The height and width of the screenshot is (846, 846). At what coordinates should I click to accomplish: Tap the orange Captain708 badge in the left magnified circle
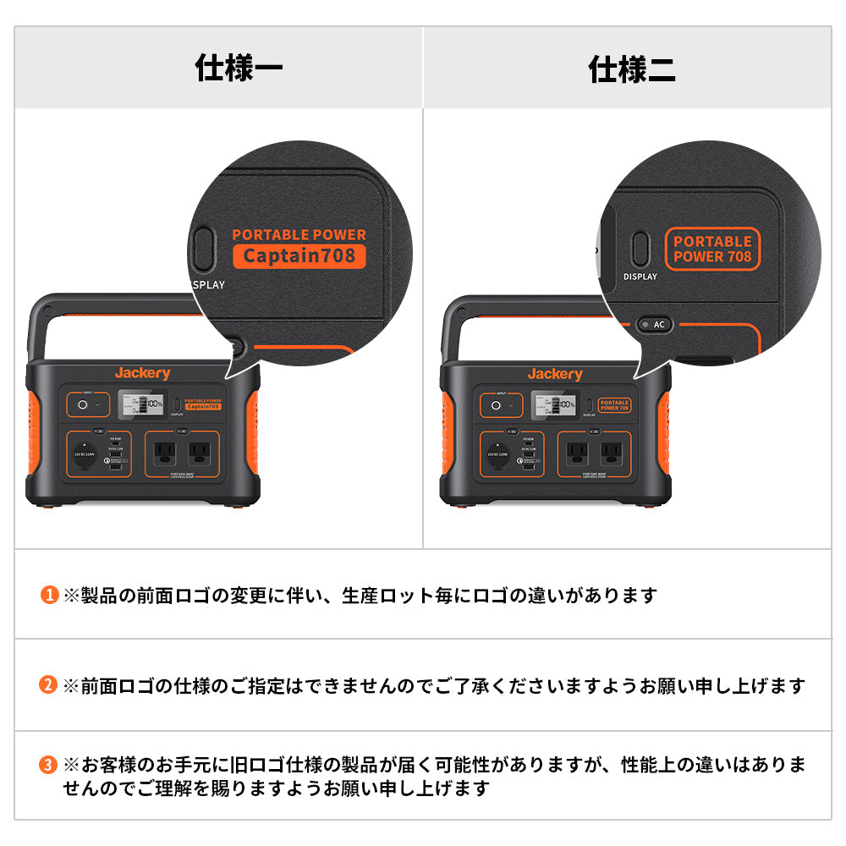click(x=299, y=255)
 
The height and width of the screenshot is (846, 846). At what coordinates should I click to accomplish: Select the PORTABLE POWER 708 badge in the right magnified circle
click(x=713, y=250)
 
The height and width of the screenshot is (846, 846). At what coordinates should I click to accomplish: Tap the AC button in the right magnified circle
click(x=652, y=324)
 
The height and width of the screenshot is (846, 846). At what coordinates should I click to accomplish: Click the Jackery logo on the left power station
click(x=142, y=373)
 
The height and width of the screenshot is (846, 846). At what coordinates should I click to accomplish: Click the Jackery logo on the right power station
click(x=555, y=374)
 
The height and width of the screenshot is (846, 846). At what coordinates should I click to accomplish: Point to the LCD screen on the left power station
click(x=140, y=404)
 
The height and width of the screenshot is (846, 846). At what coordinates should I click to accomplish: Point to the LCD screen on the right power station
click(x=553, y=404)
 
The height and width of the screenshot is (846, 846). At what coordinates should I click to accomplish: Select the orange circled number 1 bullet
click(x=49, y=596)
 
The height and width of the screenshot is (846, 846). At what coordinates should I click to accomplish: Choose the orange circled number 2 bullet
click(x=49, y=685)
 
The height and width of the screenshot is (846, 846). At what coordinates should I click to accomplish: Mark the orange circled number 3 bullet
click(x=49, y=766)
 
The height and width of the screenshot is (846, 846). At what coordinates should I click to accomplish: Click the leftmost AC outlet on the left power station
click(x=165, y=452)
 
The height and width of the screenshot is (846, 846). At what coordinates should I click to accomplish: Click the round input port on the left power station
click(x=83, y=405)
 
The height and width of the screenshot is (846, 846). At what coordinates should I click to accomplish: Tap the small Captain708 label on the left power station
click(x=203, y=406)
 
